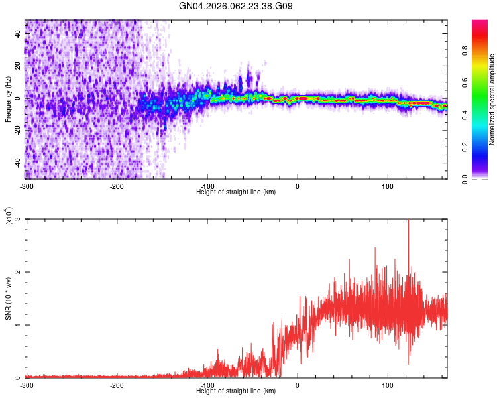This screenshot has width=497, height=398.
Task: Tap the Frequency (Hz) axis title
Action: pyautogui.click(x=8, y=99)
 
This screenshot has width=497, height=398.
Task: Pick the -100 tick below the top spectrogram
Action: pyautogui.click(x=207, y=186)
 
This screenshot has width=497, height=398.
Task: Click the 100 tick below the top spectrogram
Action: pyautogui.click(x=388, y=186)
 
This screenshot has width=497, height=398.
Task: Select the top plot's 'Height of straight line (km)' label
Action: pyautogui.click(x=237, y=192)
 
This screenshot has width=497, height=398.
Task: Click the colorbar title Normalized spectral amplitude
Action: pyautogui.click(x=492, y=99)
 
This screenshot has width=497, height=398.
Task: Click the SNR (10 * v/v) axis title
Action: pyautogui.click(x=8, y=298)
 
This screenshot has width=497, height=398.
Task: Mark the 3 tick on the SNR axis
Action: pyautogui.click(x=19, y=219)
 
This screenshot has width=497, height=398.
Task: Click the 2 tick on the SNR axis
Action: pyautogui.click(x=19, y=272)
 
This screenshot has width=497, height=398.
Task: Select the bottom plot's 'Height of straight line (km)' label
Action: pyautogui.click(x=237, y=391)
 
